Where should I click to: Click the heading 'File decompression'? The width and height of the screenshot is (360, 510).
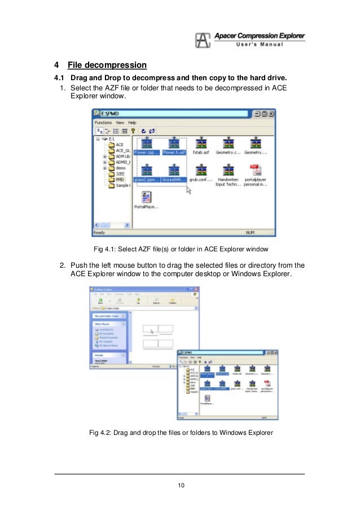coord(107,65)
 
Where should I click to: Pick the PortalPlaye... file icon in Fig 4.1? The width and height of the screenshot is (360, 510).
coord(146,197)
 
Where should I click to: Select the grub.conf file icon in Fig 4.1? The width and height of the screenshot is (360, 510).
coord(201,169)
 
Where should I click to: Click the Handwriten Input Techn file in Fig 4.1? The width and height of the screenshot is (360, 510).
coord(229,169)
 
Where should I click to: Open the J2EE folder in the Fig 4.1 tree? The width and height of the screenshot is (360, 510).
coord(119,173)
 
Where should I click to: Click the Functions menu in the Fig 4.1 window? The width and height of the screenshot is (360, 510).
coord(103,123)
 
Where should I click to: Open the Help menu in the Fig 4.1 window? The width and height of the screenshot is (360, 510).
coord(132,123)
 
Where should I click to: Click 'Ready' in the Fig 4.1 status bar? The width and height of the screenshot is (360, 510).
coord(100,232)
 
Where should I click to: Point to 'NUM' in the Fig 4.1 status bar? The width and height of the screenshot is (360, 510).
coord(250,232)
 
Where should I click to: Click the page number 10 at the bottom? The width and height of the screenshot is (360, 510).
coord(180,485)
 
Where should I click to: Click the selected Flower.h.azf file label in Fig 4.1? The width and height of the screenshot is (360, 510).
coord(174,152)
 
